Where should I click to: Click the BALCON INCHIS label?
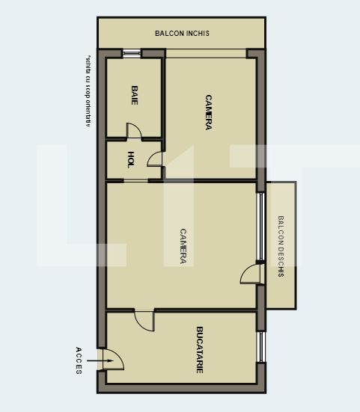click(x=182, y=33)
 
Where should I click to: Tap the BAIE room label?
click(x=135, y=95)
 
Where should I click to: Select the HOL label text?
click(x=130, y=159)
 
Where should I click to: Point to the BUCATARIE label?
click(x=200, y=349)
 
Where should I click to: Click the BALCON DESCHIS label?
click(x=281, y=246)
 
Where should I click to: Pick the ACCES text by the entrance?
click(x=79, y=360)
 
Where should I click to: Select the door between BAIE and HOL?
click(x=133, y=132)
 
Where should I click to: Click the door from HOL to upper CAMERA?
click(x=155, y=159)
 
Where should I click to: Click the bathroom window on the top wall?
click(x=132, y=52)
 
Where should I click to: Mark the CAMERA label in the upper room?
click(x=208, y=112)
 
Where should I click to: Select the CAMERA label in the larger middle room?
click(x=183, y=245)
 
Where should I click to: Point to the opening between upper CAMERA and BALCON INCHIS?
click(x=206, y=52)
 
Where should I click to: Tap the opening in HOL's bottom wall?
click(x=135, y=180)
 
